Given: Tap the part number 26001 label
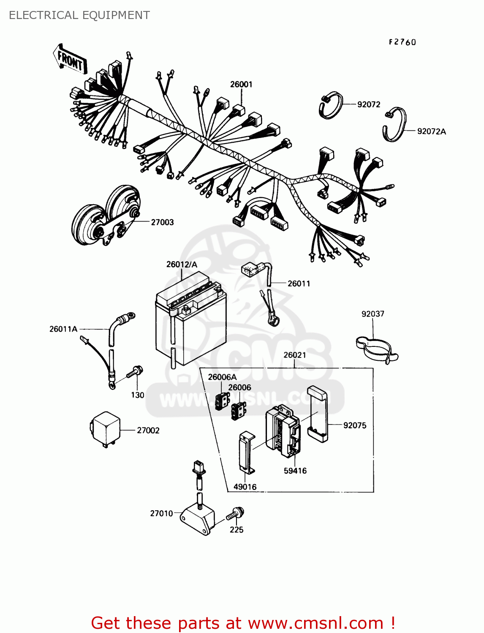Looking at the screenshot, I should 241,84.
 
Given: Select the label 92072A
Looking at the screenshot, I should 431,131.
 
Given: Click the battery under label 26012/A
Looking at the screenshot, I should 190,321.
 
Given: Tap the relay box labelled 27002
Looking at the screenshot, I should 106,428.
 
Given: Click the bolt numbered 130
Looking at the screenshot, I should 135,372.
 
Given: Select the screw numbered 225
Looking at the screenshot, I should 235,515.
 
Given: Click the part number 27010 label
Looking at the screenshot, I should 161,514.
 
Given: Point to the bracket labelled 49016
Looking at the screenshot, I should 245,452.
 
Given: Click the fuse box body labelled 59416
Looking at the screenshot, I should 282,430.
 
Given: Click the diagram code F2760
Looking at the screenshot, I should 402,42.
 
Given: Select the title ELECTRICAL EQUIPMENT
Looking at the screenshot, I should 79,16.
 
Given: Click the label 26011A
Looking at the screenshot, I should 63,329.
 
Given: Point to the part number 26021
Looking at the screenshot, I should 295,355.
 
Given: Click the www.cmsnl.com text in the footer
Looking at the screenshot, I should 315,623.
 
